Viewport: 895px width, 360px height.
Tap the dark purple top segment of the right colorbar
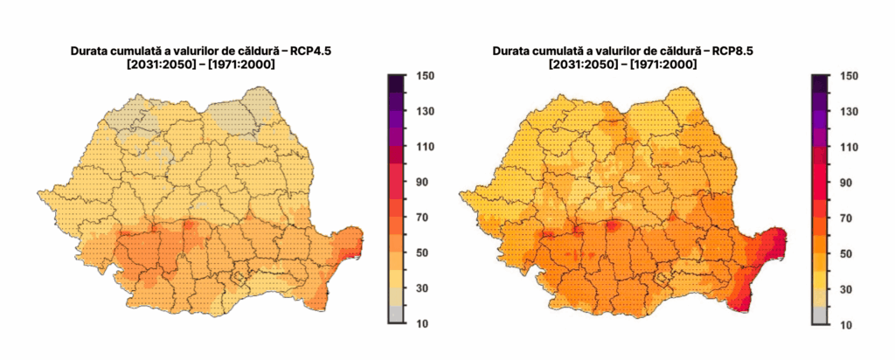tap(819, 84)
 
